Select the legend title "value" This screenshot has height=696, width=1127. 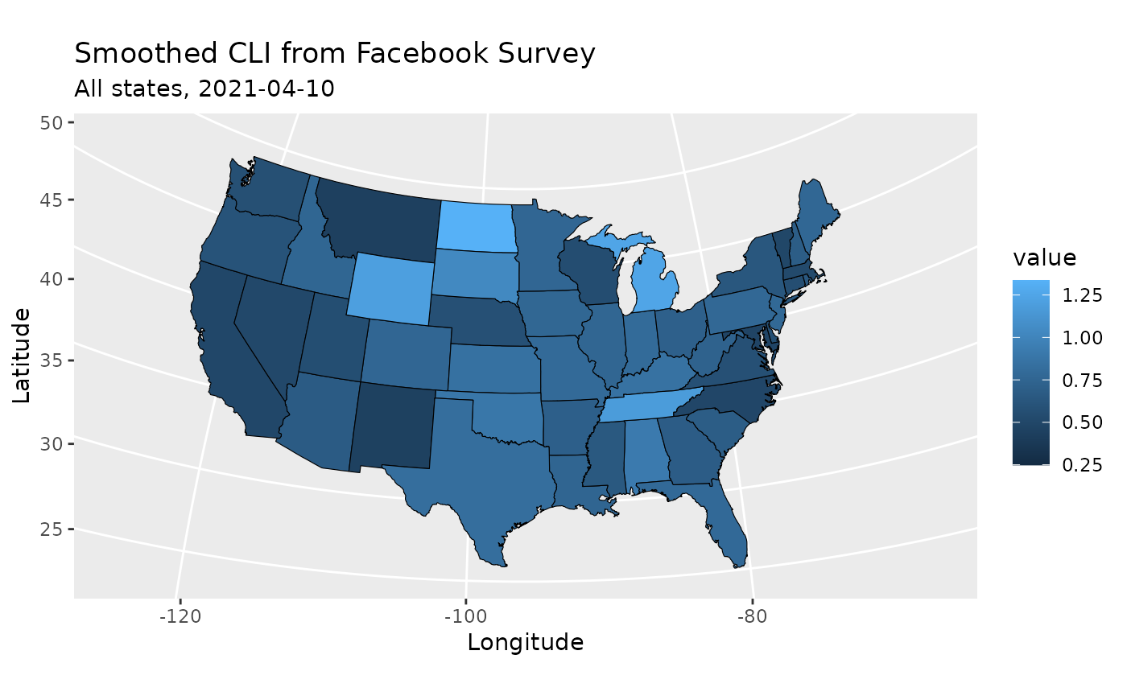click(1044, 258)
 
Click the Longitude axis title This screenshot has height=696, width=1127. click(525, 643)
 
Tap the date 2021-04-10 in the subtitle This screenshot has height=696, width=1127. click(266, 89)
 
